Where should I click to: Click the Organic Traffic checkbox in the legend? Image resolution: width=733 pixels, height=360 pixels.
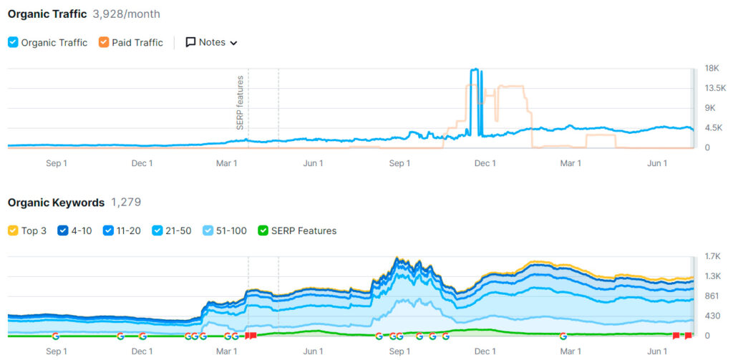13,42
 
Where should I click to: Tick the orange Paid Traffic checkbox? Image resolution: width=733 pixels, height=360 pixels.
104,42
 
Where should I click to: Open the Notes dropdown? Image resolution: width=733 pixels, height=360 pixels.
211,42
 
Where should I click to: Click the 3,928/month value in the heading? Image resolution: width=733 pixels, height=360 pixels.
127,14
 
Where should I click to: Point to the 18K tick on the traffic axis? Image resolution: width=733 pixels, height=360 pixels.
712,69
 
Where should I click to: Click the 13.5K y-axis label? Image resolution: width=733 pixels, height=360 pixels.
715,88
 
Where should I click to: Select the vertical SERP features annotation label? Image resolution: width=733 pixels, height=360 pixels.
241,102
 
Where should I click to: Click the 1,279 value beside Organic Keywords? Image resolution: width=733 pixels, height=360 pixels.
126,203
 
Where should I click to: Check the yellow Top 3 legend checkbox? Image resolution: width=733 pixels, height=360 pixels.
13,230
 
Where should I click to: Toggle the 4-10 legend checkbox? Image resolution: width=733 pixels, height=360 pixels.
63,230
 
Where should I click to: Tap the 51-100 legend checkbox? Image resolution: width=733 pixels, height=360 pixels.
208,230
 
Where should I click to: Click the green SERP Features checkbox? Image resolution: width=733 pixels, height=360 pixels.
263,230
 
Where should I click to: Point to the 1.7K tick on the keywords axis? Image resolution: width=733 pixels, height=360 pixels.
713,256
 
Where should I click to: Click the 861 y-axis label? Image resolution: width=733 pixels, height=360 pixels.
712,296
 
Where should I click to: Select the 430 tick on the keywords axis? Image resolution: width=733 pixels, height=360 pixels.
712,316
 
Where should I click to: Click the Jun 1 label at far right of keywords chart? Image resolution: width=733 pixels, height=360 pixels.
657,351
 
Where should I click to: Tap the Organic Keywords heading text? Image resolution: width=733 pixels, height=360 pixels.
56,203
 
